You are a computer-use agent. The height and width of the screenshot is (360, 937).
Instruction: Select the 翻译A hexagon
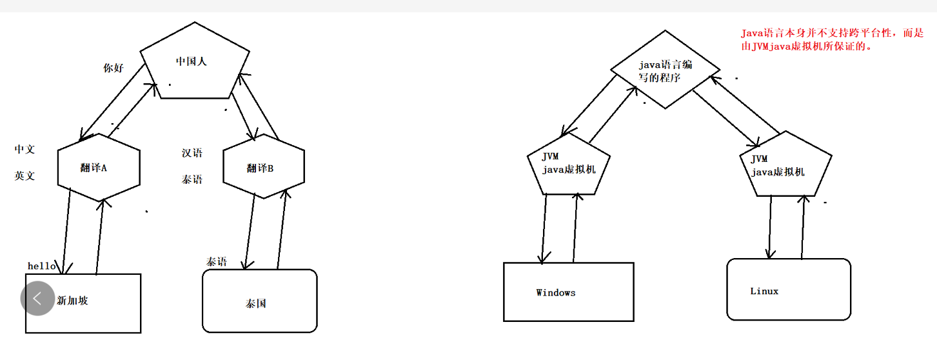[x=99, y=167]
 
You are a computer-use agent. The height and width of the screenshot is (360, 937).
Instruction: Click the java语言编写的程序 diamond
[x=665, y=71]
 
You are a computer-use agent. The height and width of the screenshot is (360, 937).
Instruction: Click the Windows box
[x=568, y=292]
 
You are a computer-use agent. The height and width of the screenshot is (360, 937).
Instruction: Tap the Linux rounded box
[x=788, y=289]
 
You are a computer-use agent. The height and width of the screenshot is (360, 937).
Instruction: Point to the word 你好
[x=113, y=68]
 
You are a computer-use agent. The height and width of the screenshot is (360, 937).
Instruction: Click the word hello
[x=41, y=266]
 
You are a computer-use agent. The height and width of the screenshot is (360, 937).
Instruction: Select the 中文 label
[x=25, y=150]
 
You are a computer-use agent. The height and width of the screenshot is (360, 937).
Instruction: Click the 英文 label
[x=25, y=175]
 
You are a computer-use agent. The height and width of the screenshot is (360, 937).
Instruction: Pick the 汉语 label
[x=192, y=154]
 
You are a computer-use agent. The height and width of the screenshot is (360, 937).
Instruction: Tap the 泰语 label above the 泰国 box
[x=217, y=261]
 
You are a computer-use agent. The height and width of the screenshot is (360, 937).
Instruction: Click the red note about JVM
[x=832, y=39]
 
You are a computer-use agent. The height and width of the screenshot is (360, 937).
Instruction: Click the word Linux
[x=764, y=291]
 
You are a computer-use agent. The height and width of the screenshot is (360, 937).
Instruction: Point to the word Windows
[x=555, y=292]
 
